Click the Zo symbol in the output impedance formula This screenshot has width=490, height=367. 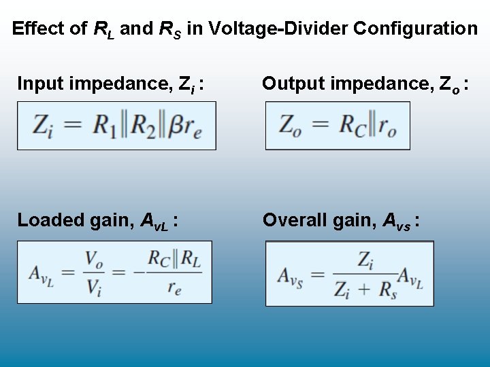tap(291, 126)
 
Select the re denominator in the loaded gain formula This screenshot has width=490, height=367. tap(174, 287)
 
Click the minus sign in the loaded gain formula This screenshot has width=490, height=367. tap(138, 273)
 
